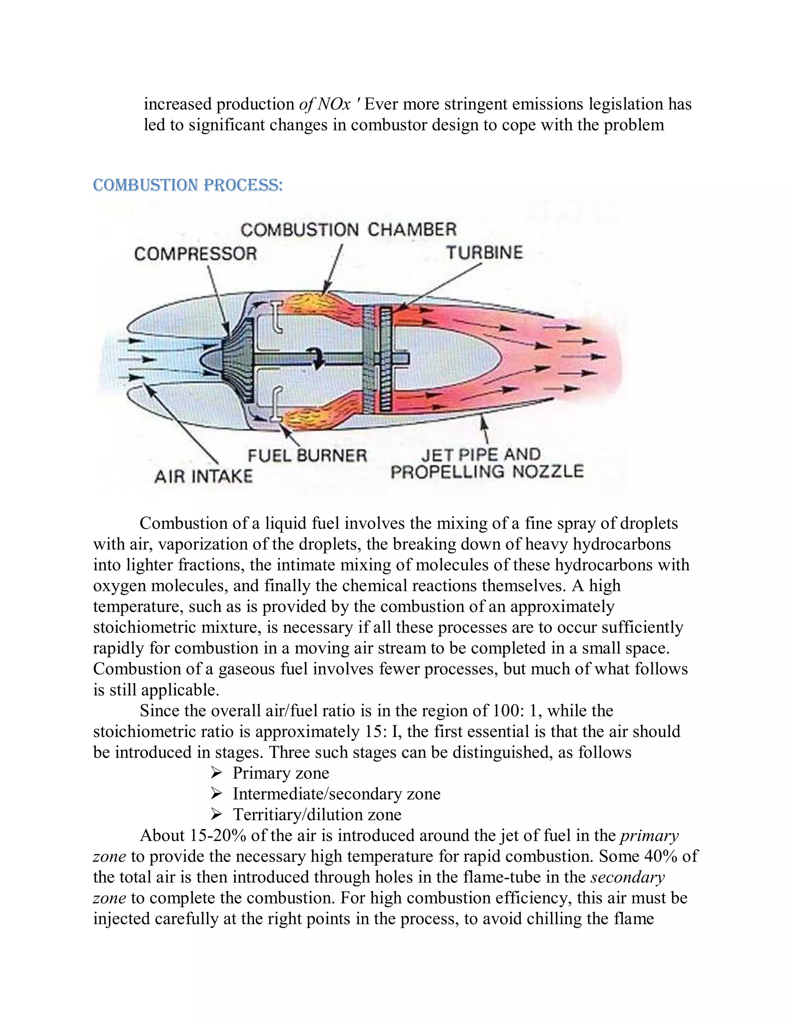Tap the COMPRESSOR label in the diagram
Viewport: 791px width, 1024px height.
pyautogui.click(x=195, y=254)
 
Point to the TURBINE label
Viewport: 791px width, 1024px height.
pyautogui.click(x=484, y=253)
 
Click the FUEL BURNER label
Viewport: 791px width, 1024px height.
pyautogui.click(x=307, y=455)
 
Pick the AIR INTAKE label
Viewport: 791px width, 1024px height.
pyautogui.click(x=204, y=476)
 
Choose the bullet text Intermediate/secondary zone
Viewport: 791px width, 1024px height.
pyautogui.click(x=336, y=793)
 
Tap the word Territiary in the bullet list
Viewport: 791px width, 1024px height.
pyautogui.click(x=268, y=815)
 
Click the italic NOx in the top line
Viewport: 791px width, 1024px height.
pyautogui.click(x=334, y=104)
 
